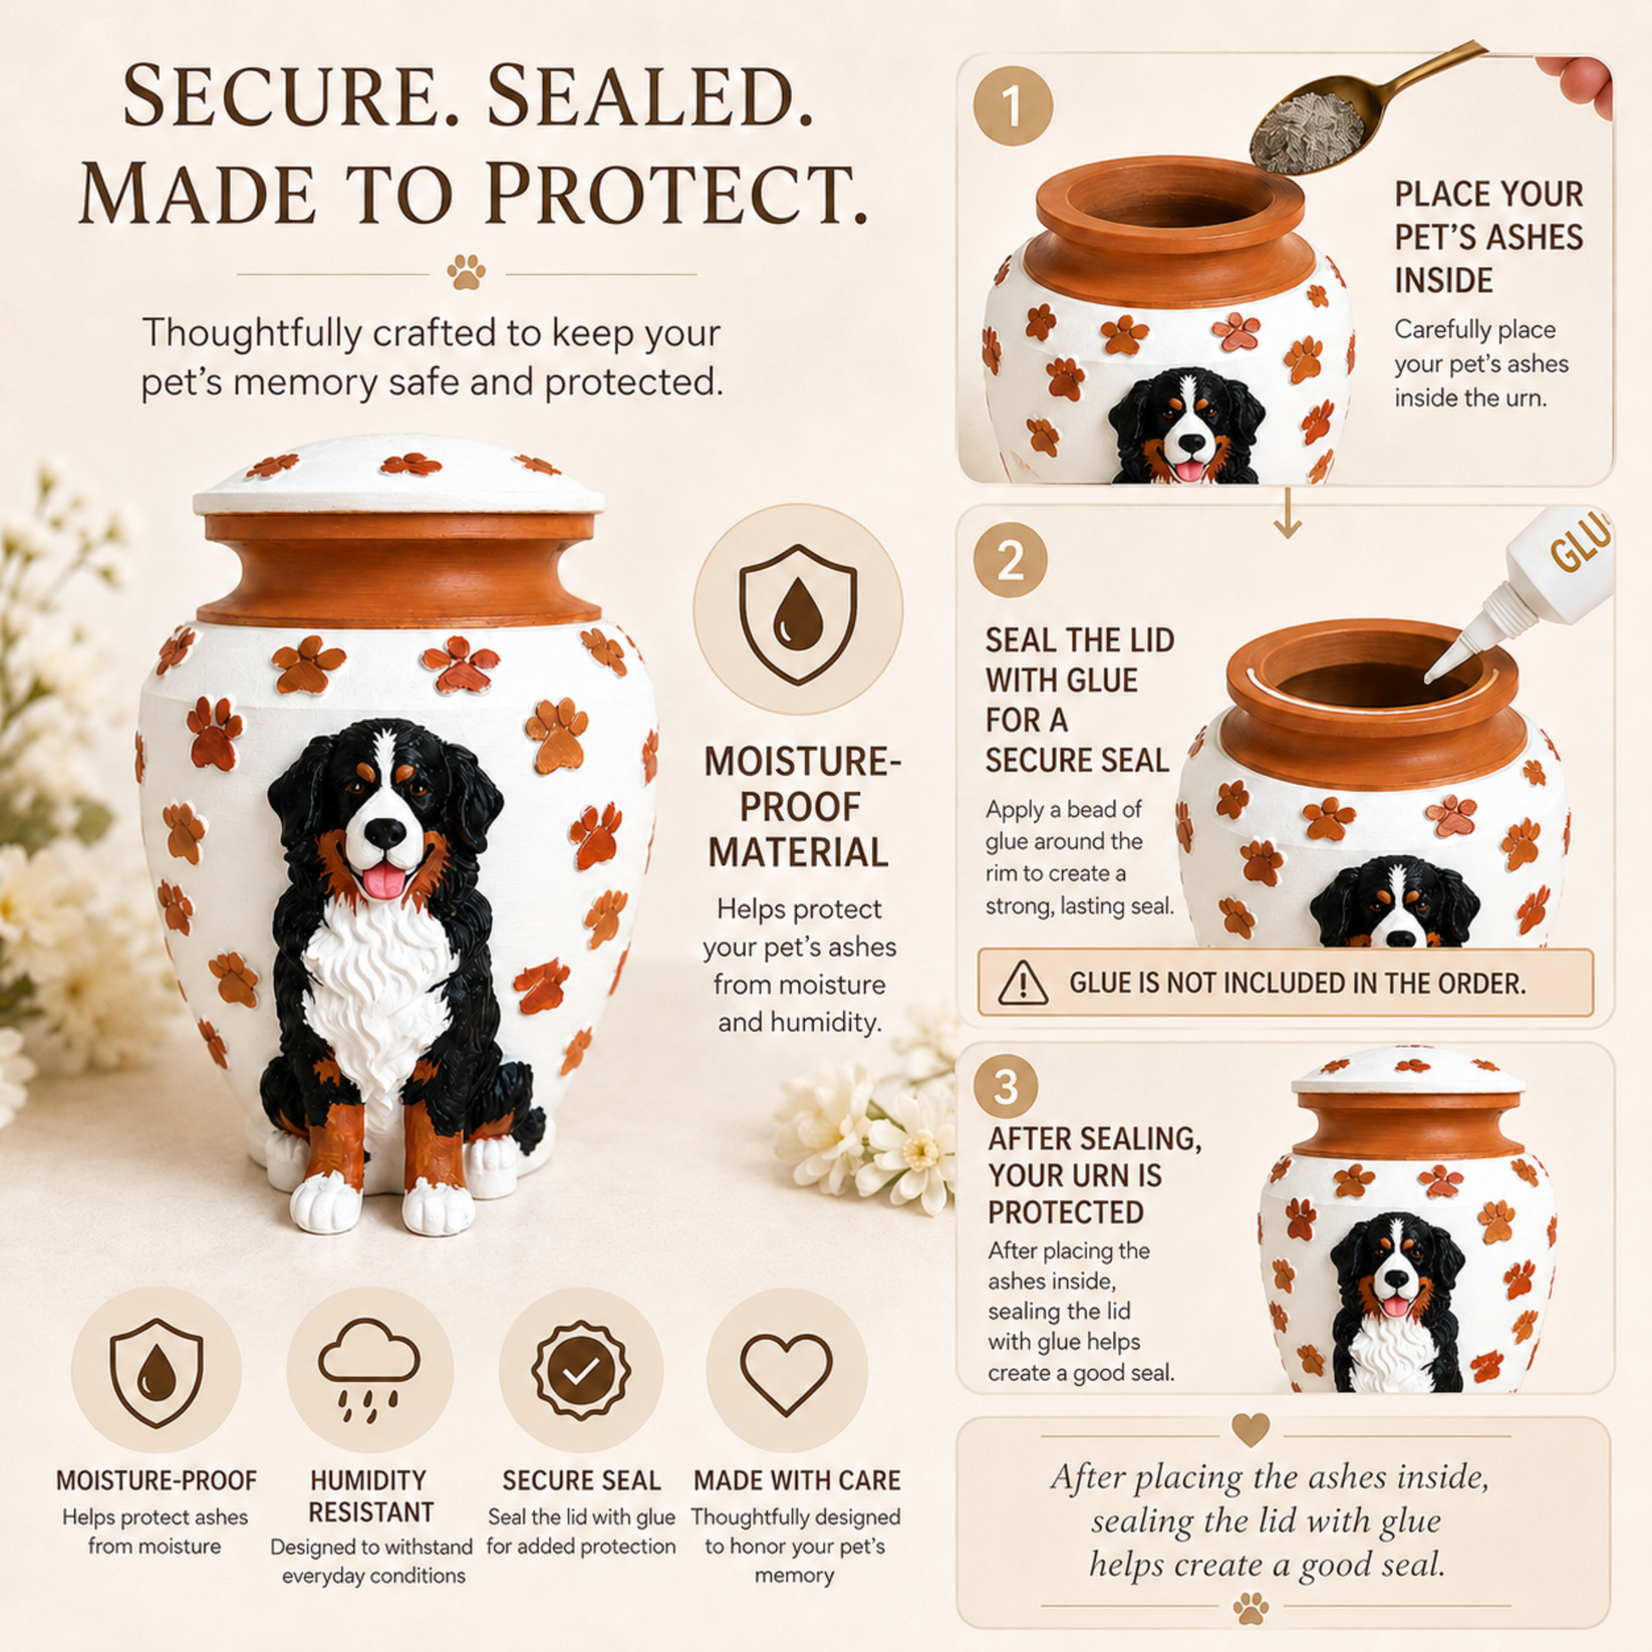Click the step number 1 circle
pos(1013,106)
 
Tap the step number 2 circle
pos(1010,560)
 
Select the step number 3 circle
pos(1006,1086)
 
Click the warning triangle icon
pos(1023,982)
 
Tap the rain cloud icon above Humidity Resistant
pos(369,1371)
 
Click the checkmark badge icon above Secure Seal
pos(582,1372)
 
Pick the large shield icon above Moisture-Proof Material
pos(798,614)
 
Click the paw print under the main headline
pos(466,271)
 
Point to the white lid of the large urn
pos(398,476)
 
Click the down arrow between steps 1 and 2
pos(1287,513)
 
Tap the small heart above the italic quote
pos(1250,1429)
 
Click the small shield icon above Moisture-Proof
pos(156,1374)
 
